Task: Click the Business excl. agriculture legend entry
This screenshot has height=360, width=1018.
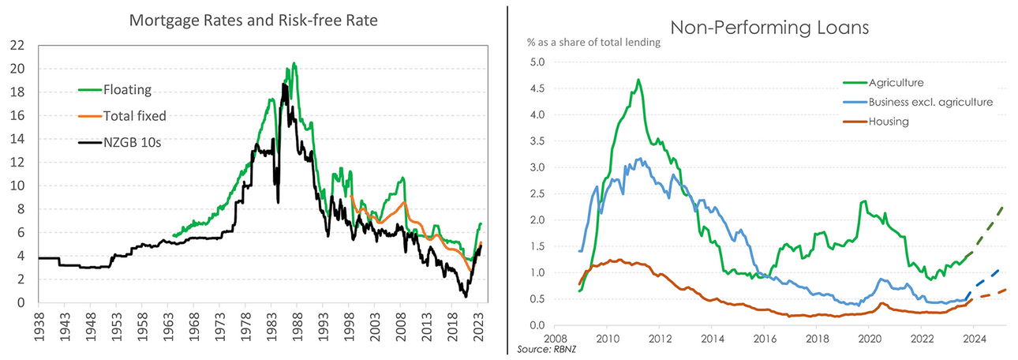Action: click(x=930, y=102)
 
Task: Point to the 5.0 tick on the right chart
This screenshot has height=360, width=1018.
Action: click(x=537, y=62)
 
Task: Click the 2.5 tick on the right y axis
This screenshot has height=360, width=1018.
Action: click(x=537, y=193)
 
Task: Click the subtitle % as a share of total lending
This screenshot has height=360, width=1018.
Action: click(x=594, y=43)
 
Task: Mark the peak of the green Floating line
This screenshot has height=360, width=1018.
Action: click(x=294, y=63)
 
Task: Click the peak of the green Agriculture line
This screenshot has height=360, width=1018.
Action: click(x=638, y=79)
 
